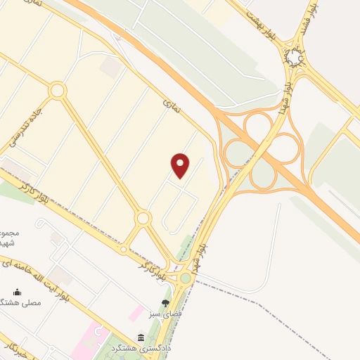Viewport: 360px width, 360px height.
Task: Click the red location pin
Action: pos(181,166)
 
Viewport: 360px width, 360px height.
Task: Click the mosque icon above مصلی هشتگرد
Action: pos(18,292)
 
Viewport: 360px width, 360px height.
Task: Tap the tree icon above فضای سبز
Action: pos(165,303)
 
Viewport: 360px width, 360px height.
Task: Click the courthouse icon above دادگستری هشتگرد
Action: pos(141,337)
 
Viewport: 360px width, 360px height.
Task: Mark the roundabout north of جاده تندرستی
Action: pos(58,90)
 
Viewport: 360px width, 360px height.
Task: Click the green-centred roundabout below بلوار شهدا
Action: pos(186,278)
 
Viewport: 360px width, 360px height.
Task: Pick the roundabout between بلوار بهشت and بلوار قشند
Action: pos(295,58)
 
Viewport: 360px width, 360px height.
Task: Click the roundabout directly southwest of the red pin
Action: pos(143,219)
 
